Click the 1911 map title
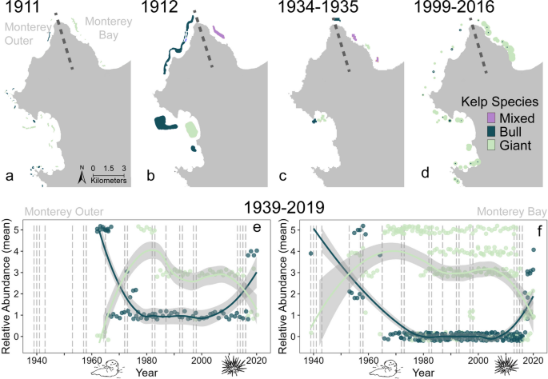pyautogui.click(x=18, y=10)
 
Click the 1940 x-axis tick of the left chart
pyautogui.click(x=37, y=359)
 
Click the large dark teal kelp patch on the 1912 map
pyautogui.click(x=164, y=124)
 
